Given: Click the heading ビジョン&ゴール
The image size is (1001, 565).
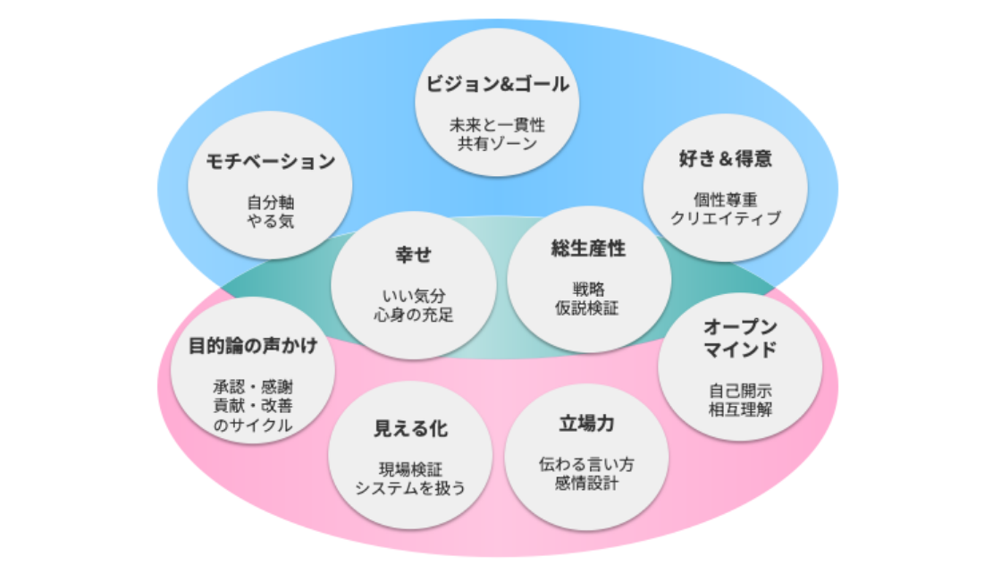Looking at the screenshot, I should point(497,87).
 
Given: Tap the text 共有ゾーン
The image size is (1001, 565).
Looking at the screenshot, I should point(497,143).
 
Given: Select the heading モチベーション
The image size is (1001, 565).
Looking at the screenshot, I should point(270,162).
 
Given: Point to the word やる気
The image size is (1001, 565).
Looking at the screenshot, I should point(270,220).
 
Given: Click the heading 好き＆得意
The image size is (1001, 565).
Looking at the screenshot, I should point(725,160).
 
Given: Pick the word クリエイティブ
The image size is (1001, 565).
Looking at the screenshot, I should point(725,218).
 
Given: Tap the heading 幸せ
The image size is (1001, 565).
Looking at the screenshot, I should point(413,255).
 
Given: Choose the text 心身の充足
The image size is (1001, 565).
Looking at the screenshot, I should point(413,314).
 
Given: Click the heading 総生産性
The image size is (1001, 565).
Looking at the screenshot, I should point(588,249).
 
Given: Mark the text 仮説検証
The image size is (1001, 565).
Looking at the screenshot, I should point(588,308).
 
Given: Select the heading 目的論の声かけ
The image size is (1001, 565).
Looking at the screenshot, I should point(253,347).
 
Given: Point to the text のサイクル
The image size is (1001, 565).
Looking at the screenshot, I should point(253,426).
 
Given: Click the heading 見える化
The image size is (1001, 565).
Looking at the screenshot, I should point(410,429).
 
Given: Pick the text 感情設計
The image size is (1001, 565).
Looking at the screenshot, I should point(586,484).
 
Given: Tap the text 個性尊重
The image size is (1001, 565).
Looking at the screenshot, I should point(725,199).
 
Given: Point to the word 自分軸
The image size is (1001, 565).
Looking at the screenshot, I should point(270,201).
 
